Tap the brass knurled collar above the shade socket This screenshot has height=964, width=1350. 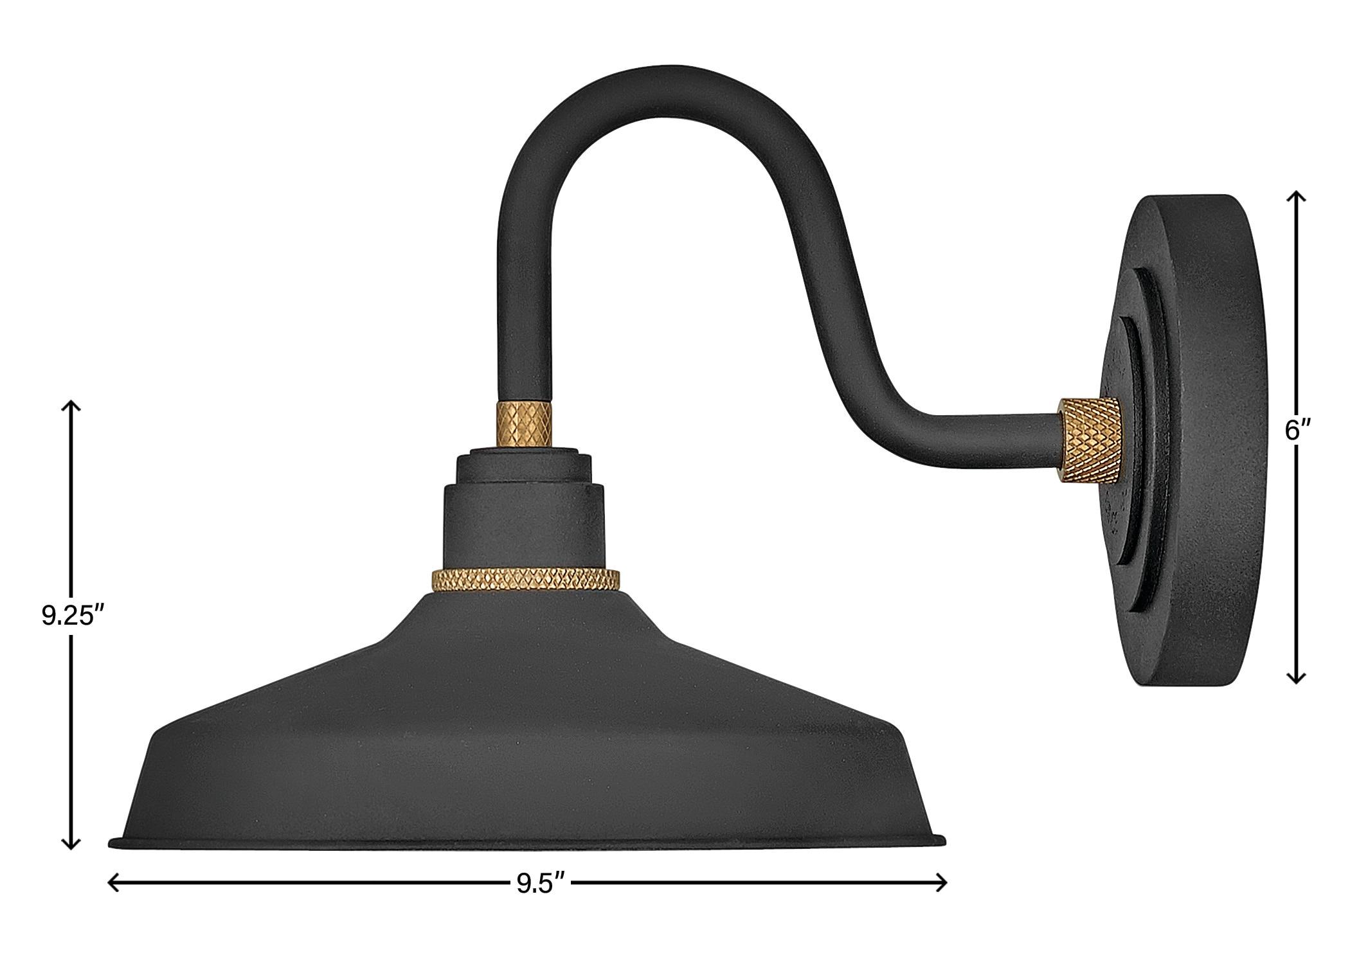[525, 423]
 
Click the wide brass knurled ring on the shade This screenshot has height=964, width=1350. [526, 580]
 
